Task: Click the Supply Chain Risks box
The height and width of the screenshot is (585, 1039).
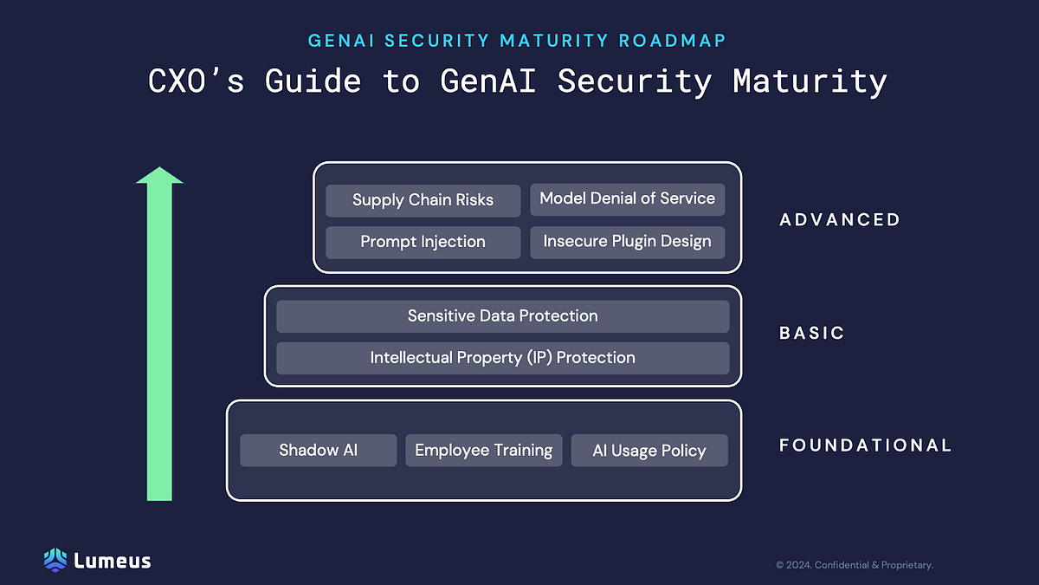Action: pos(423,200)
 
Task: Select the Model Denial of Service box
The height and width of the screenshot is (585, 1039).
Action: pos(627,199)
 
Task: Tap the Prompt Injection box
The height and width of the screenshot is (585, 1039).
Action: pos(423,242)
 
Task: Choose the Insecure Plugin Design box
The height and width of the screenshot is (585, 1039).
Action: pos(627,242)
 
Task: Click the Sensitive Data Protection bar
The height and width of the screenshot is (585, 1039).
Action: pos(502,316)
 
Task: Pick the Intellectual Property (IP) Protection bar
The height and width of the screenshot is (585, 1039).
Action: pos(502,358)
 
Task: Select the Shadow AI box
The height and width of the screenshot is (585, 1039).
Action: pos(318,451)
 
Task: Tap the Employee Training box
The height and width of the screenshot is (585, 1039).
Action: pos(483,451)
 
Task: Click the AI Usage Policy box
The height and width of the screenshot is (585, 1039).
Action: pos(649,451)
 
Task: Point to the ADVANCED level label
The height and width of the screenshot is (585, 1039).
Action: pos(840,220)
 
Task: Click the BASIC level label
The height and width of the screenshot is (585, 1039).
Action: pos(811,333)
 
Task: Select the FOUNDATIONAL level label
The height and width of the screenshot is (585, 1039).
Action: pos(865,445)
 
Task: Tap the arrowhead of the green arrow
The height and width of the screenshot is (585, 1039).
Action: pos(159,176)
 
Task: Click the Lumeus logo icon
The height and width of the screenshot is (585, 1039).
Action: pos(55,560)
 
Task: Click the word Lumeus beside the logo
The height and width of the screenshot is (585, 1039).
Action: pos(113,561)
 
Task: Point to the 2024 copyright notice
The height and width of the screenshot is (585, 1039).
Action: pos(854,565)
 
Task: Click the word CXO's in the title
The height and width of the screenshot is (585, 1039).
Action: pos(197,81)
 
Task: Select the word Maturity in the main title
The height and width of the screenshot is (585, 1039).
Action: pos(810,81)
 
